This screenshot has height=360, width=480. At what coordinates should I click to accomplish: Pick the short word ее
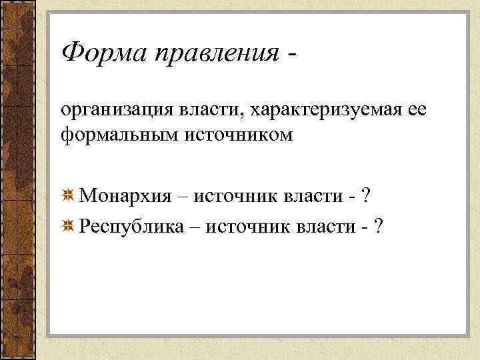[x=412, y=109]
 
